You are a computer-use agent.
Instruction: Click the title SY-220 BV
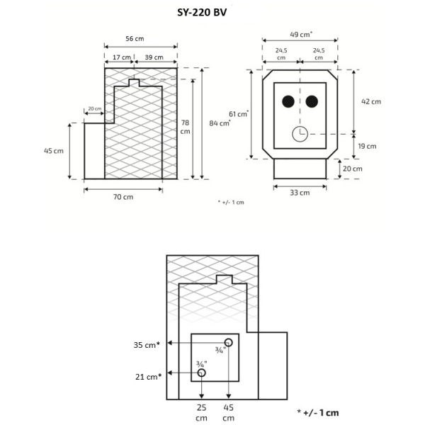click(x=207, y=12)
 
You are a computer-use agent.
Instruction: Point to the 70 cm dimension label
click(x=123, y=197)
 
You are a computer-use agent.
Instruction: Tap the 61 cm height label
click(x=239, y=114)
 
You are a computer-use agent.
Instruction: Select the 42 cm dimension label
click(x=370, y=101)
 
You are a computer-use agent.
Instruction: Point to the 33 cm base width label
click(x=300, y=193)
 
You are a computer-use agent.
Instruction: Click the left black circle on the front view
click(x=288, y=102)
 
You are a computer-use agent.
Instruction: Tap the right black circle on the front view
click(x=312, y=102)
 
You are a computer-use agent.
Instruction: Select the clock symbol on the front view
click(x=299, y=133)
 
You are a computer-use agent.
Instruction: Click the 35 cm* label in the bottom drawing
click(x=147, y=344)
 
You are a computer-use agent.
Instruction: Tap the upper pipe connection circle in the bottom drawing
click(x=228, y=344)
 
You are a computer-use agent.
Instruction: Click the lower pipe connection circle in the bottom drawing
click(x=202, y=373)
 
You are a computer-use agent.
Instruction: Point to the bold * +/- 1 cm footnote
click(x=318, y=412)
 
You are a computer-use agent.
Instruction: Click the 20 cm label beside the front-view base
click(x=352, y=169)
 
